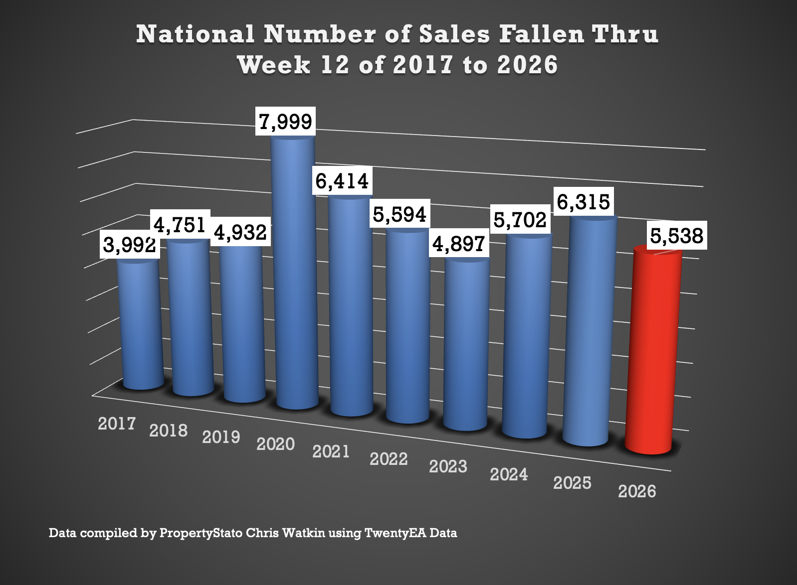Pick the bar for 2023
point(466,344)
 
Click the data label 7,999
point(286,121)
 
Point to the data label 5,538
point(676,236)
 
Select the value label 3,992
point(130,245)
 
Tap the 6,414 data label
point(342,180)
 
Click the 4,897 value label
point(458,244)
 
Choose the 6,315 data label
point(583,202)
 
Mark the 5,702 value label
point(520,220)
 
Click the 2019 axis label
point(221,437)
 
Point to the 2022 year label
point(389,458)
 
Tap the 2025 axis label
point(572,482)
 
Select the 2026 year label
point(637,491)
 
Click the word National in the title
point(195,34)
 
